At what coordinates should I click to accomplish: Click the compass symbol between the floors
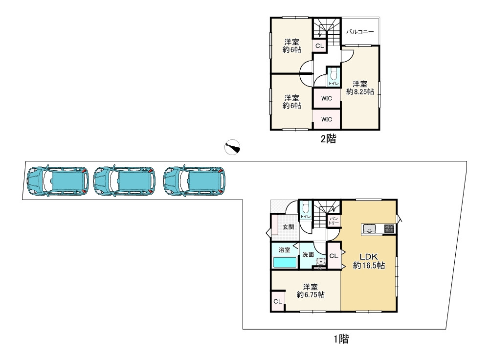[x=232, y=147]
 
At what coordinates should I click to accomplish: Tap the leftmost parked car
[x=58, y=181]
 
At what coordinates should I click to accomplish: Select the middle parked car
[x=124, y=181]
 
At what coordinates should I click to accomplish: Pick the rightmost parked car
[x=194, y=181]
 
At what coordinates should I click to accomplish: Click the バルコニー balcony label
[x=360, y=32]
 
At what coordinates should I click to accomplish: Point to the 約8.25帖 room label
[x=360, y=88]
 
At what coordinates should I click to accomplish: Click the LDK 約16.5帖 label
[x=369, y=261]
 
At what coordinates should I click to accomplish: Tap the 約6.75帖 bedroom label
[x=311, y=291]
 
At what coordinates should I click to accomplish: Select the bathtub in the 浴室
[x=285, y=262]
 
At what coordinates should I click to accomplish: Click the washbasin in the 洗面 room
[x=320, y=261]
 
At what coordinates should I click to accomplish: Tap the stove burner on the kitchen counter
[x=389, y=228]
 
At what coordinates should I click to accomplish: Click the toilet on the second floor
[x=333, y=75]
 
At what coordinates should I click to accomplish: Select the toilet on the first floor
[x=305, y=207]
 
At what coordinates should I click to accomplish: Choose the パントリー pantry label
[x=333, y=221]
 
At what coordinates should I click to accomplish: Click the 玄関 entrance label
[x=288, y=227]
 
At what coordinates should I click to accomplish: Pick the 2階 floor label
[x=329, y=139]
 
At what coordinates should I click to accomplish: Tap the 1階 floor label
[x=341, y=339]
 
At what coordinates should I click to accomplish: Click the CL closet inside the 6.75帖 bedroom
[x=278, y=301]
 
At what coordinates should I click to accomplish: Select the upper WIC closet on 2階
[x=327, y=98]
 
